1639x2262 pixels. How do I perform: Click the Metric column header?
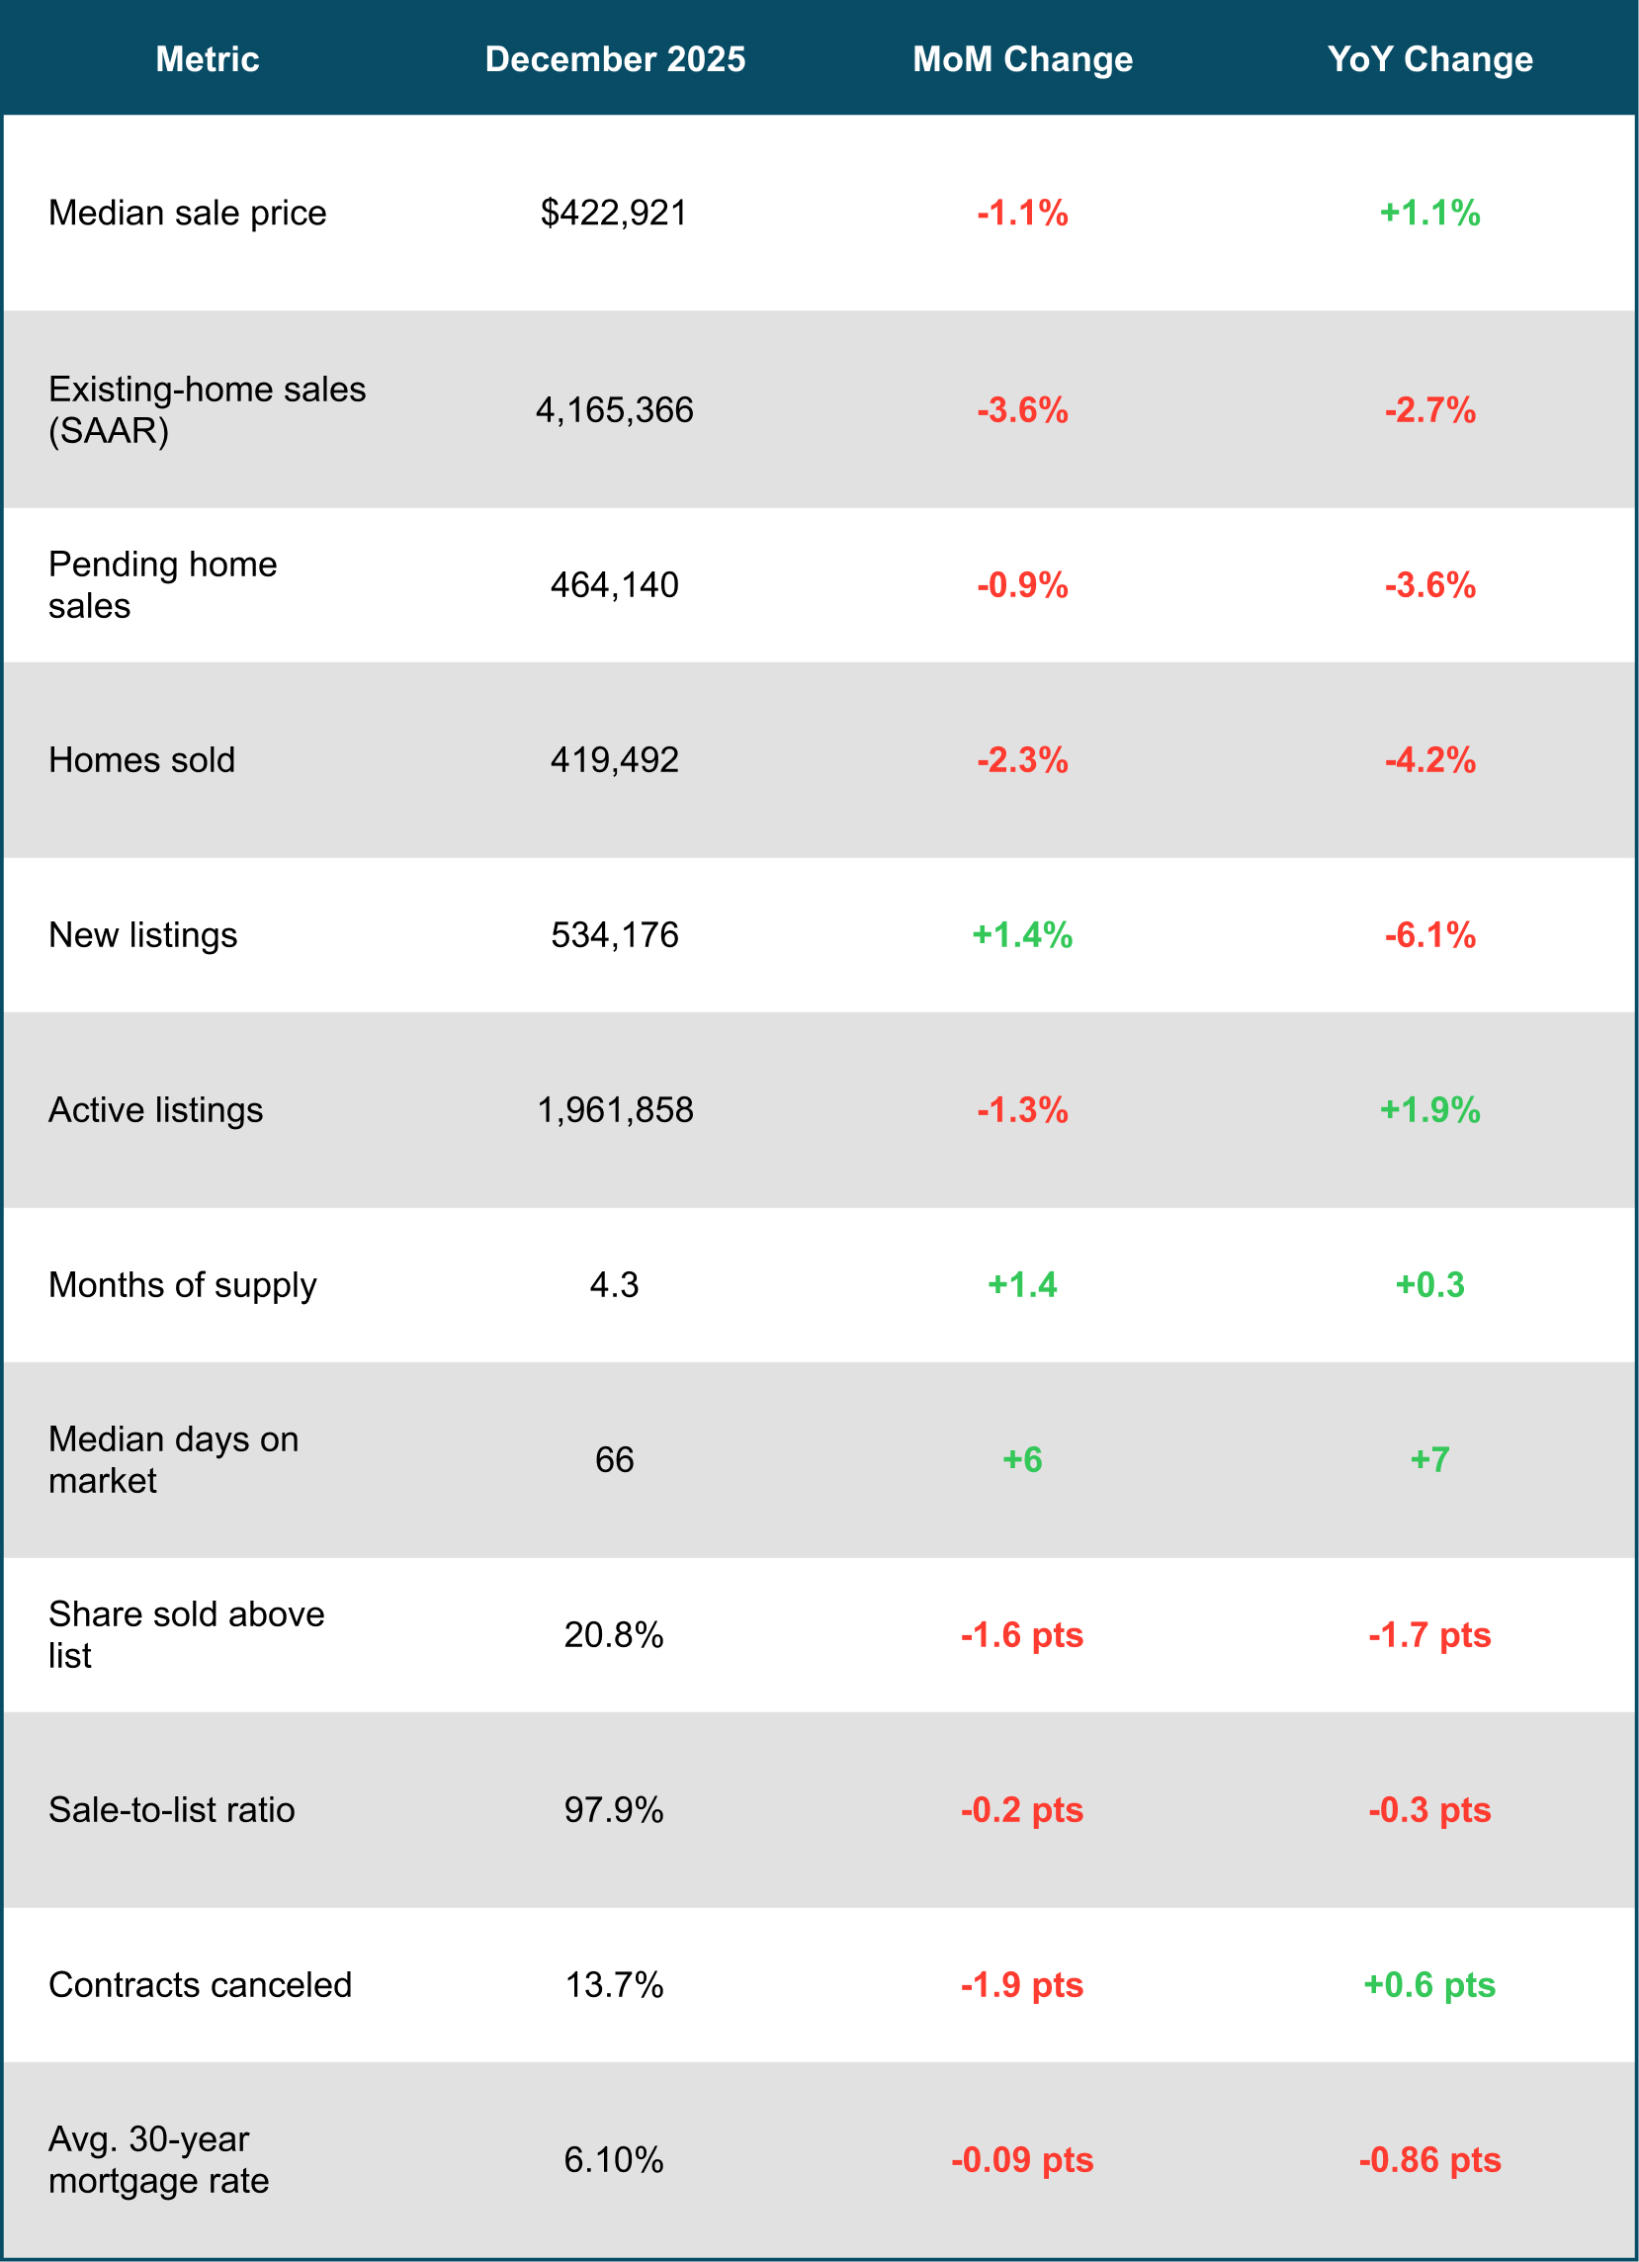[x=208, y=59]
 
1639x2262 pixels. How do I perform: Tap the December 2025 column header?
[x=615, y=59]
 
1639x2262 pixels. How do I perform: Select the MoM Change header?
[x=1023, y=59]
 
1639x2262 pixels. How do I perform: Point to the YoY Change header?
[x=1429, y=59]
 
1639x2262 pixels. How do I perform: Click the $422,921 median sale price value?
[x=614, y=213]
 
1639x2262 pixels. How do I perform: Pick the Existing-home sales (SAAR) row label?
[x=207, y=410]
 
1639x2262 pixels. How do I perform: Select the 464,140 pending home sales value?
[x=614, y=584]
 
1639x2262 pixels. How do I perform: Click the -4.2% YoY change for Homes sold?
[x=1429, y=760]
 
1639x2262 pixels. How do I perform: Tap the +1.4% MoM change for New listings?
[x=1022, y=934]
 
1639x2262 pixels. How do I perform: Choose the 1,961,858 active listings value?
[x=614, y=1110]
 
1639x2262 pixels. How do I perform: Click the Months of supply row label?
[x=183, y=1284]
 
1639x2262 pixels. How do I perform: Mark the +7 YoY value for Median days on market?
[x=1429, y=1459]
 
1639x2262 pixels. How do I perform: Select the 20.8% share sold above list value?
[x=614, y=1634]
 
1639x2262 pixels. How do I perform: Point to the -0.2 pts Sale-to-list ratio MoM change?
[x=1022, y=1810]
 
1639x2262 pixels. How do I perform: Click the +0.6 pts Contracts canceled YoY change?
[x=1429, y=1985]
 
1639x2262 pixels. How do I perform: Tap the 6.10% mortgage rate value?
[x=614, y=2159]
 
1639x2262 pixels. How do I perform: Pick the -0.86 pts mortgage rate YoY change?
[x=1429, y=2159]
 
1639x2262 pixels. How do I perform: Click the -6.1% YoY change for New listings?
[x=1429, y=934]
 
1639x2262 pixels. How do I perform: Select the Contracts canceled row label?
[x=200, y=1985]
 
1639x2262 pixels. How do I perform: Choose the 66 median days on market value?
[x=614, y=1459]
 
